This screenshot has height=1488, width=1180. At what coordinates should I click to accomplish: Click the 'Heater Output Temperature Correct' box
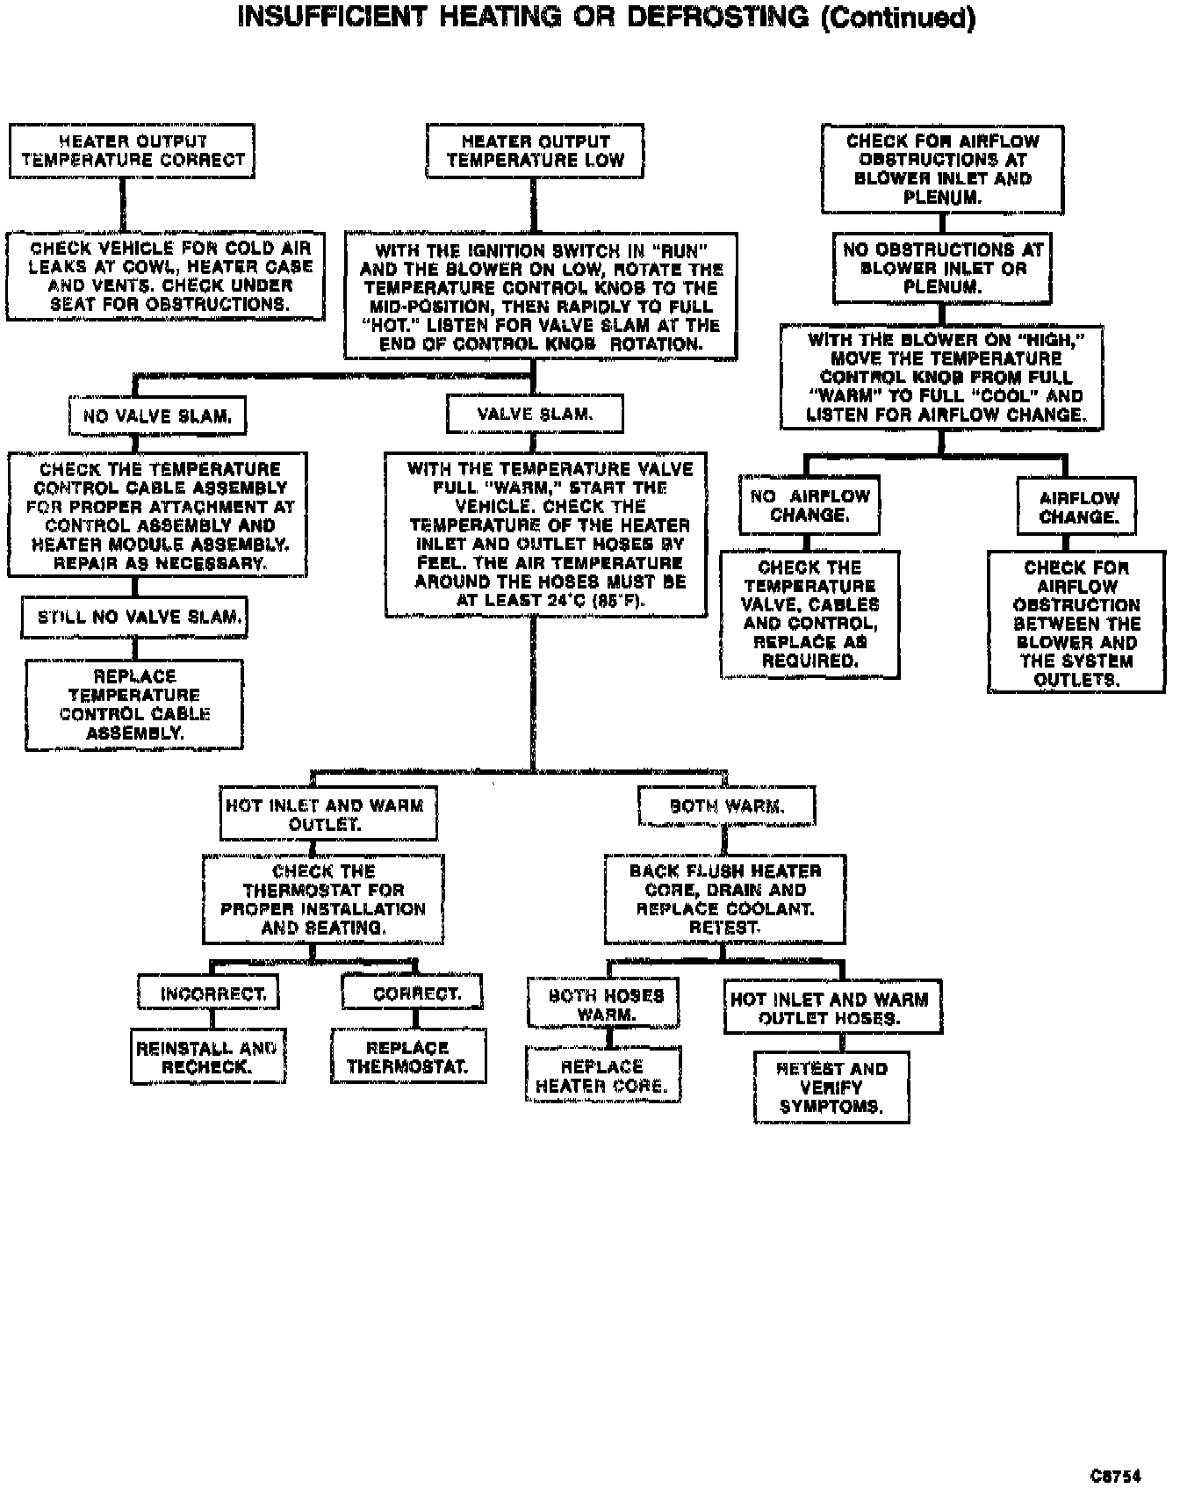pos(132,151)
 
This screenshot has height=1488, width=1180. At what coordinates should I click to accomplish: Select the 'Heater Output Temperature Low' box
pos(535,151)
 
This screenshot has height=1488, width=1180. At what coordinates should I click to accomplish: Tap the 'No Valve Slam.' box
pos(157,416)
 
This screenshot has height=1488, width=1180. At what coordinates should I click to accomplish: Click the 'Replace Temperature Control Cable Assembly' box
pos(134,704)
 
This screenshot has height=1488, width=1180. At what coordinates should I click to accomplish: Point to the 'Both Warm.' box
pos(726,806)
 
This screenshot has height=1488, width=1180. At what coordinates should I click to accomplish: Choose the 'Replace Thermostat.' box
pos(408,1058)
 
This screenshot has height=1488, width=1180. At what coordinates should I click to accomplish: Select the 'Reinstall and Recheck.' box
pos(208,1058)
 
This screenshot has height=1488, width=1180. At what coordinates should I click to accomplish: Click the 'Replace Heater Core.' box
pos(603,1076)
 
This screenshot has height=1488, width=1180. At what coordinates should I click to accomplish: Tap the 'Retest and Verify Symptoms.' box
pos(831,1087)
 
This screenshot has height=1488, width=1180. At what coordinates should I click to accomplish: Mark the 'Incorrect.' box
pos(209,994)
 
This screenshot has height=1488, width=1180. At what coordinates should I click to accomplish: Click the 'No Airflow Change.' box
pos(809,505)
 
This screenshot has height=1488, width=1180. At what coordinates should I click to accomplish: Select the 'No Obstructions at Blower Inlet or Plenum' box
pos(941,268)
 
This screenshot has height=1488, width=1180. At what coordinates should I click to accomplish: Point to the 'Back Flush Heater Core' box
pos(724,899)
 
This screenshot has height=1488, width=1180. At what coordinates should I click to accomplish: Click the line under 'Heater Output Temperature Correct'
pos(123,206)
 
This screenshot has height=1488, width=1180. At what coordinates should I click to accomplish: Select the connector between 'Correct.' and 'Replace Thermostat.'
pos(415,1019)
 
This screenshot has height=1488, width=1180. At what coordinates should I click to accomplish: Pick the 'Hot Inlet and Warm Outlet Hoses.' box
pos(832,1008)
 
